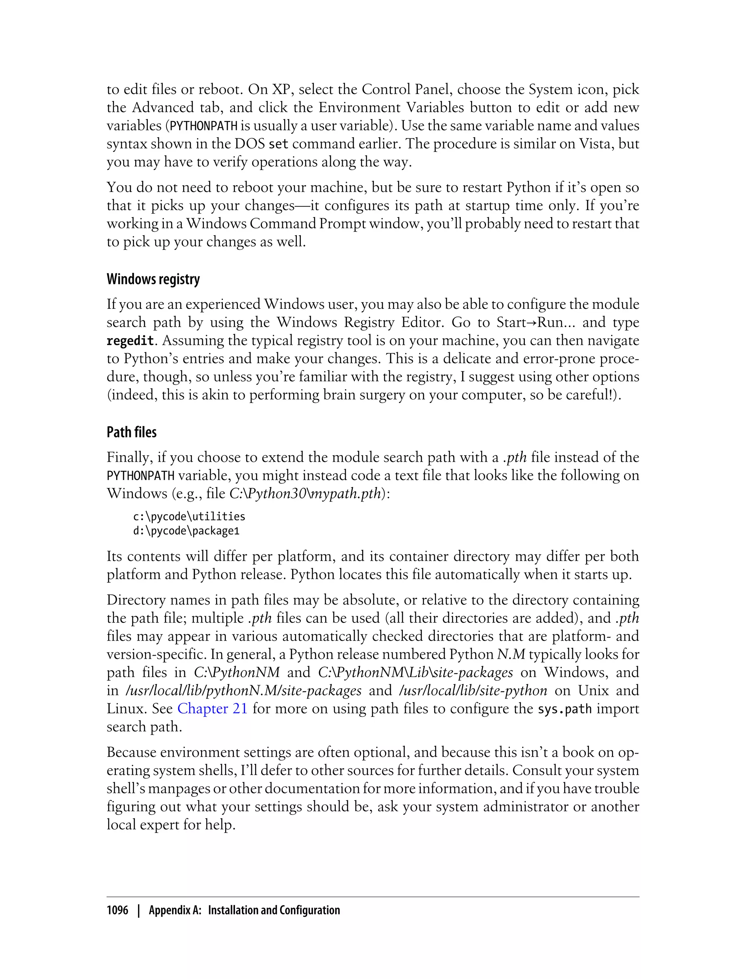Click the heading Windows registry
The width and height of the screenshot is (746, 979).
click(x=153, y=279)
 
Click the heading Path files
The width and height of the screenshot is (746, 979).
click(x=131, y=432)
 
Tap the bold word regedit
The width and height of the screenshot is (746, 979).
click(x=130, y=341)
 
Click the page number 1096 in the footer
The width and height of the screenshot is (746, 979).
click(x=117, y=911)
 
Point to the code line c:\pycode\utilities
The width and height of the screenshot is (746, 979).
click(x=189, y=516)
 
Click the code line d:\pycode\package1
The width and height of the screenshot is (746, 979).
click(x=186, y=531)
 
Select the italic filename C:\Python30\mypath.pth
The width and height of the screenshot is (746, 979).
click(x=306, y=493)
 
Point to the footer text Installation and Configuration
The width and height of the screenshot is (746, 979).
click(x=274, y=911)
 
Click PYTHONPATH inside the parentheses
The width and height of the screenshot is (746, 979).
click(x=204, y=126)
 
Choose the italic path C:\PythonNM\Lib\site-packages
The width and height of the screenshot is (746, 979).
click(x=416, y=672)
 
